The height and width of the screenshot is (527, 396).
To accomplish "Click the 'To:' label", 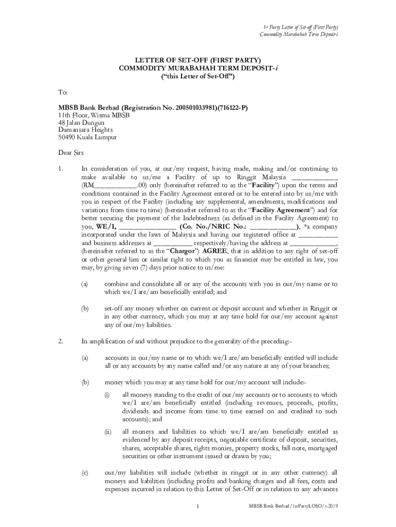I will pyautogui.click(x=63, y=93).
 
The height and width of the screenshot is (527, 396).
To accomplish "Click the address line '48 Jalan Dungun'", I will pyautogui.click(x=81, y=123).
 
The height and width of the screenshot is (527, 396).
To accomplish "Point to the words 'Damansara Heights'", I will pyautogui.click(x=83, y=130).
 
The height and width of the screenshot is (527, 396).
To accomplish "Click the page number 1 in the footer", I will pyautogui.click(x=198, y=507).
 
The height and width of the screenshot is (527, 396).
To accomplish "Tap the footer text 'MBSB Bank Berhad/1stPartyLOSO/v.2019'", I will pyautogui.click(x=294, y=507).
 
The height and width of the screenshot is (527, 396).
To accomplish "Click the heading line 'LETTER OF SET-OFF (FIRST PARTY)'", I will pyautogui.click(x=198, y=60).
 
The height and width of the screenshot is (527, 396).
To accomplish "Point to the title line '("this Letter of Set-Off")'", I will pyautogui.click(x=198, y=76).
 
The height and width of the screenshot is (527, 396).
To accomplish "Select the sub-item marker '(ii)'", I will pyautogui.click(x=108, y=432).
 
